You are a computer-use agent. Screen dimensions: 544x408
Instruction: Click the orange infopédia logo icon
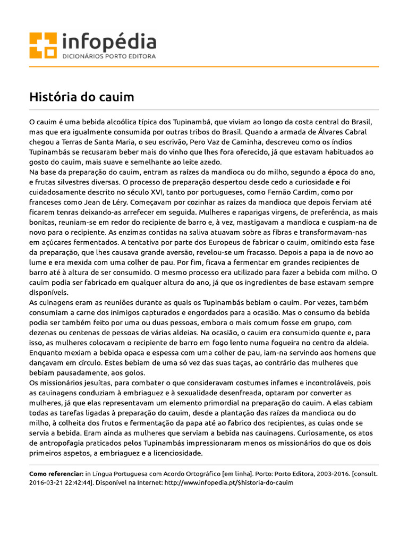tap(43, 46)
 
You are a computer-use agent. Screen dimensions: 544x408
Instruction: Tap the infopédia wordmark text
tap(109, 42)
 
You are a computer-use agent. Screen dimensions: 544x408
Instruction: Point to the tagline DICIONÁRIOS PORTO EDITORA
tap(109, 56)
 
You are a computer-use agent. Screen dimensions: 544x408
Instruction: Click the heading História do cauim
tap(81, 97)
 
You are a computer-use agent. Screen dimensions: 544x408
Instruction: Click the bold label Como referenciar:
tap(56, 473)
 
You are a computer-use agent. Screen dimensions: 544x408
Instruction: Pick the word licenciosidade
tap(174, 453)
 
